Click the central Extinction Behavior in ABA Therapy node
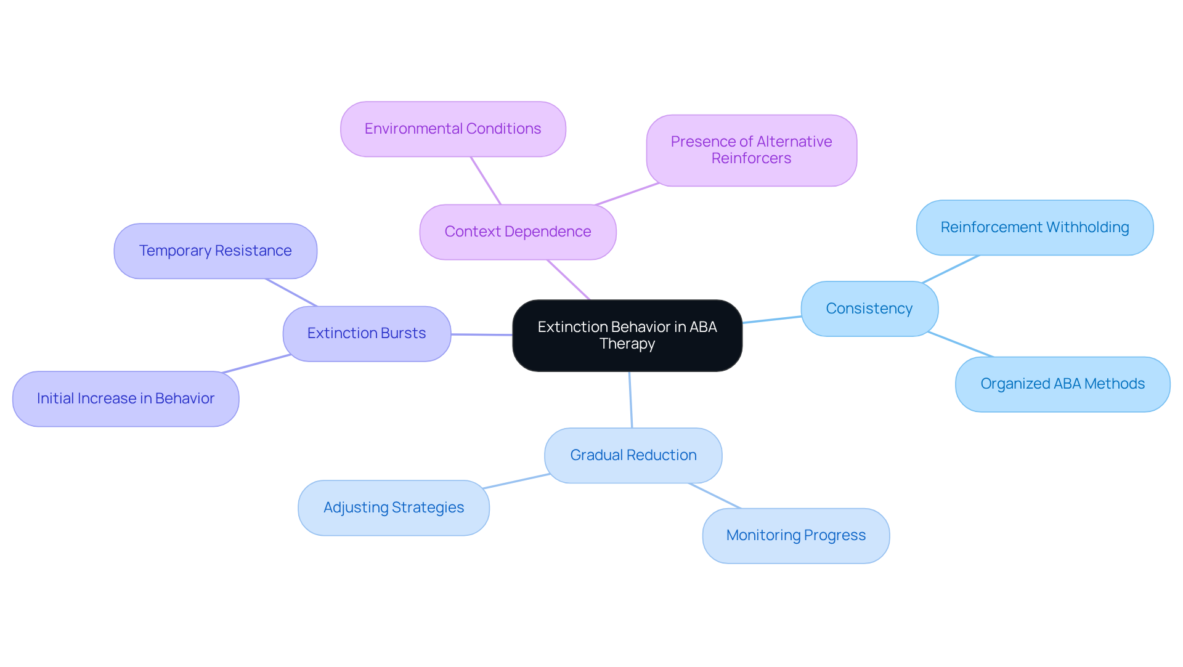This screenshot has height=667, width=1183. [627, 335]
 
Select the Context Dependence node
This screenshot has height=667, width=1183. [518, 232]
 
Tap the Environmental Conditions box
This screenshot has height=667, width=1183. [453, 129]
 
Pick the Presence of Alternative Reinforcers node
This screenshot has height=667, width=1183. [751, 150]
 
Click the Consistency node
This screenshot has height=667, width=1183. [869, 309]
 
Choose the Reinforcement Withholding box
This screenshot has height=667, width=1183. [1035, 227]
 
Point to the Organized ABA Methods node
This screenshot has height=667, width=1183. [1062, 384]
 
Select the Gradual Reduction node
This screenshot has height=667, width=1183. [633, 455]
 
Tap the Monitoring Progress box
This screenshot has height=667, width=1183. [795, 535]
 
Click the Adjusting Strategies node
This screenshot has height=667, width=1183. [393, 507]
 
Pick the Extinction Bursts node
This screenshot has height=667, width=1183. [367, 333]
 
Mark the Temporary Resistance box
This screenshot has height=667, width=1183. [215, 251]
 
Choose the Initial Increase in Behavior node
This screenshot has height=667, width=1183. [126, 398]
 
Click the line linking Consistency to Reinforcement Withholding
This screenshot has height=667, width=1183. [951, 269]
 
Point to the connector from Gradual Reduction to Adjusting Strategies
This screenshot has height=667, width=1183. [516, 481]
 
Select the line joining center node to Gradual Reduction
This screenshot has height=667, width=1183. [630, 400]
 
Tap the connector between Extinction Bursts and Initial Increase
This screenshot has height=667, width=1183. [256, 363]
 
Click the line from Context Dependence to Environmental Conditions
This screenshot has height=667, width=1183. [486, 180]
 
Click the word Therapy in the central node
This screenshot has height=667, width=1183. [627, 344]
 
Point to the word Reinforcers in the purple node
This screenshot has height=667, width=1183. [751, 158]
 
